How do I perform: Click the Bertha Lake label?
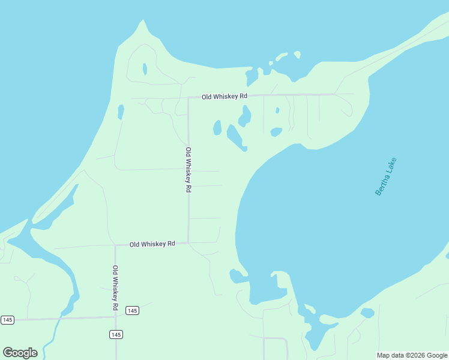click(386, 176)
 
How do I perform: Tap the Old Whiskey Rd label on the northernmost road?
click(224, 96)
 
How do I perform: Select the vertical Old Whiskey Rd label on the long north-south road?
click(188, 169)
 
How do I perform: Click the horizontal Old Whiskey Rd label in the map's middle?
click(152, 244)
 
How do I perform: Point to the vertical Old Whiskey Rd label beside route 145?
click(115, 288)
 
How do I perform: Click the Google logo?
click(20, 353)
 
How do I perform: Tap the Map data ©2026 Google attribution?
click(412, 355)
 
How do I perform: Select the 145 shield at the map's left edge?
click(7, 320)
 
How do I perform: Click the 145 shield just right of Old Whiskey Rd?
click(133, 310)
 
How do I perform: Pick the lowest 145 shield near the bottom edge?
click(116, 334)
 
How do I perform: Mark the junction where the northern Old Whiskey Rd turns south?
click(188, 97)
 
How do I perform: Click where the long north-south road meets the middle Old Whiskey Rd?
click(188, 243)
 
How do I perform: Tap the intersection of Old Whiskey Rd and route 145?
click(116, 316)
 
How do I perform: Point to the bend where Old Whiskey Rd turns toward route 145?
click(115, 245)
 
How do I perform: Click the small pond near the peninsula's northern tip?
click(145, 69)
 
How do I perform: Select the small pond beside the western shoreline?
click(121, 112)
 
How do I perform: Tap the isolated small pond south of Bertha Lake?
click(367, 313)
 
